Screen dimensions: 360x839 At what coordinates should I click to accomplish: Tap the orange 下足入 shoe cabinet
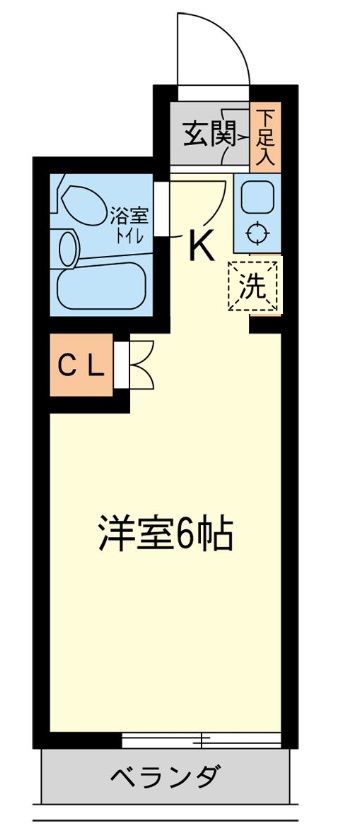coord(265,136)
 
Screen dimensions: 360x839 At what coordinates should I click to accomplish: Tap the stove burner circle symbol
coord(257,234)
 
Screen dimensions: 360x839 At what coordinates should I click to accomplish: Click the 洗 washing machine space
coord(254,287)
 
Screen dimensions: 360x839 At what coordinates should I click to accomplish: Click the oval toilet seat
coord(85,204)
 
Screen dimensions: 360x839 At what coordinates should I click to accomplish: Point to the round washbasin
coord(70,249)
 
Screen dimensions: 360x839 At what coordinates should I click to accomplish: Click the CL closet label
coord(81,367)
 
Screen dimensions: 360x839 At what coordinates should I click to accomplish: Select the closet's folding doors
coord(142,365)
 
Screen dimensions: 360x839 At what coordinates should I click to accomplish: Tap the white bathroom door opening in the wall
coord(162,209)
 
